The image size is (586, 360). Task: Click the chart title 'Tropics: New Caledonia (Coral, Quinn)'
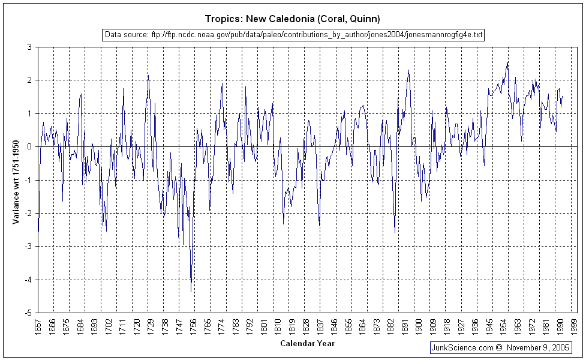point(293,19)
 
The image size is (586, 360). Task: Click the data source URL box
point(293,34)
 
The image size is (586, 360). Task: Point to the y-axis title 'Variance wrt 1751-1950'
point(16,179)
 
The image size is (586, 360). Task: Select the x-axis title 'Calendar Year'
point(307,344)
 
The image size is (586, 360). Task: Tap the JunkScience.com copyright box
point(501,347)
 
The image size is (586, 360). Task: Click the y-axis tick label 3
point(29,47)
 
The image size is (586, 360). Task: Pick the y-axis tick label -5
point(28,313)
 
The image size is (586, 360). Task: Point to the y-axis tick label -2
point(28,213)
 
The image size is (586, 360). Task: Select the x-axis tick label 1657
point(38,326)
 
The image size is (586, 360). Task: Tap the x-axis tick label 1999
point(575,326)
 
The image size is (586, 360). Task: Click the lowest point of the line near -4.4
point(191,292)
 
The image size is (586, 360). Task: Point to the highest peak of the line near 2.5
point(508,62)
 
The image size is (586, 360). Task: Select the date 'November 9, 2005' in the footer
point(538,347)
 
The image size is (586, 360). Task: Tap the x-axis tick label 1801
point(264,326)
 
